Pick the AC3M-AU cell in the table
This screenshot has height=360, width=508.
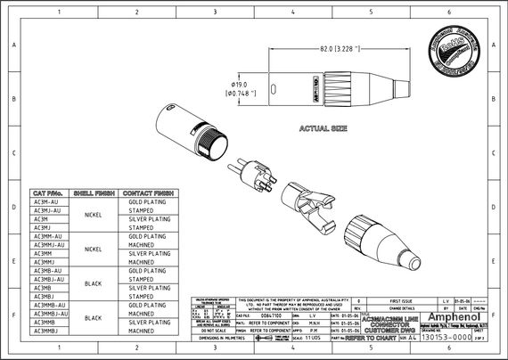pos(46,202)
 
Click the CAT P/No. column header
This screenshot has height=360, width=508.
pos(47,193)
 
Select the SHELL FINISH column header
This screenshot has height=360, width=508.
pos(91,193)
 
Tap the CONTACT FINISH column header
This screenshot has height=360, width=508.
pos(148,193)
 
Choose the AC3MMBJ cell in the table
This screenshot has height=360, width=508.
pos(47,331)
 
